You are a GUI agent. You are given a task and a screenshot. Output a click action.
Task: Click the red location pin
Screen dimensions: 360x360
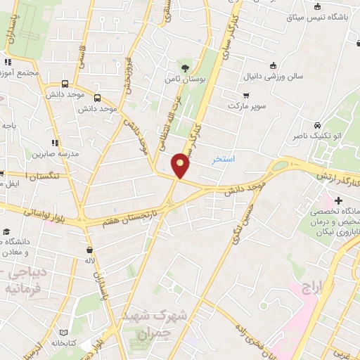[x=181, y=165]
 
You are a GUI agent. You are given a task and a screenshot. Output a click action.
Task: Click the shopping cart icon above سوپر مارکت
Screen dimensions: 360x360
[x=245, y=95]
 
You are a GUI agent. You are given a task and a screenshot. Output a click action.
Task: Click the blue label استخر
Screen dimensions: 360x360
[x=224, y=160]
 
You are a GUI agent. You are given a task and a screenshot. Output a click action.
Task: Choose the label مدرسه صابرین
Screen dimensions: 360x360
[x=52, y=153]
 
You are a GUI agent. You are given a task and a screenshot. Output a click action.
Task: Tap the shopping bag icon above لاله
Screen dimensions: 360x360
[x=89, y=250]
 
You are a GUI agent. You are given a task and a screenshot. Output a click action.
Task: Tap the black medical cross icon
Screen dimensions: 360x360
[x=338, y=201]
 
